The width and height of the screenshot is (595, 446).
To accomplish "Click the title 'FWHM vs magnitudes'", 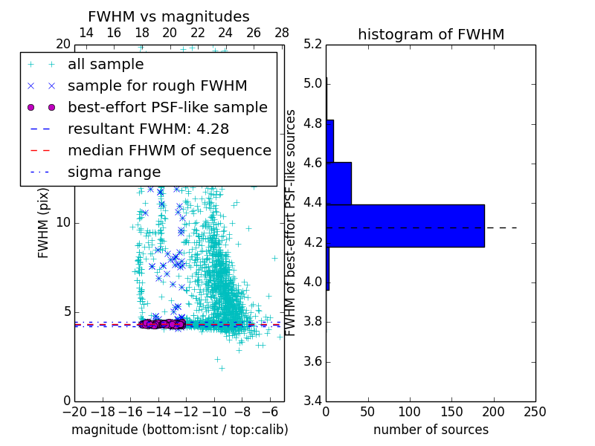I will pyautogui.click(x=169, y=17).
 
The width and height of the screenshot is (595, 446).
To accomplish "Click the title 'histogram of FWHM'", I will pyautogui.click(x=431, y=34).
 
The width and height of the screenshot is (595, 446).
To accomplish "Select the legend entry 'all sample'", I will pyautogui.click(x=106, y=65).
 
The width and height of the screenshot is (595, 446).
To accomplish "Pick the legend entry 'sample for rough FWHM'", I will pyautogui.click(x=157, y=85).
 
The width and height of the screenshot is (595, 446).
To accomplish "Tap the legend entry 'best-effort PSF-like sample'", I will pyautogui.click(x=167, y=107).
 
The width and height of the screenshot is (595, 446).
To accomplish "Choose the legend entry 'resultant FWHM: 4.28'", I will pyautogui.click(x=142, y=129).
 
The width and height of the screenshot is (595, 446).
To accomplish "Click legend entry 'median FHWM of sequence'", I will pyautogui.click(x=169, y=150).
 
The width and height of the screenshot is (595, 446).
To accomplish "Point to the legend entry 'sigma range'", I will pyautogui.click(x=114, y=172).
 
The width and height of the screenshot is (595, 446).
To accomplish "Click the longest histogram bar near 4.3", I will pyautogui.click(x=405, y=226).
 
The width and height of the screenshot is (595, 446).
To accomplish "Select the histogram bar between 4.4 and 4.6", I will pyautogui.click(x=338, y=183).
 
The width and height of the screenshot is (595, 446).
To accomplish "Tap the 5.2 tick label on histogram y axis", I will pyautogui.click(x=313, y=44).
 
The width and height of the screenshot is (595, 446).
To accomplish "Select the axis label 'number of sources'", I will pyautogui.click(x=431, y=430).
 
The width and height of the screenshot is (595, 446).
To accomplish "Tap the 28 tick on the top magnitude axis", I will pyautogui.click(x=282, y=33).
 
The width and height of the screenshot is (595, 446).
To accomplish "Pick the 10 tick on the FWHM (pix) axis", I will pyautogui.click(x=62, y=223).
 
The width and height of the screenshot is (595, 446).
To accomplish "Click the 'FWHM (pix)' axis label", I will pyautogui.click(x=44, y=223).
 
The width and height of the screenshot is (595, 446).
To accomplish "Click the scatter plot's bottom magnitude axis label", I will pyautogui.click(x=179, y=430).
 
